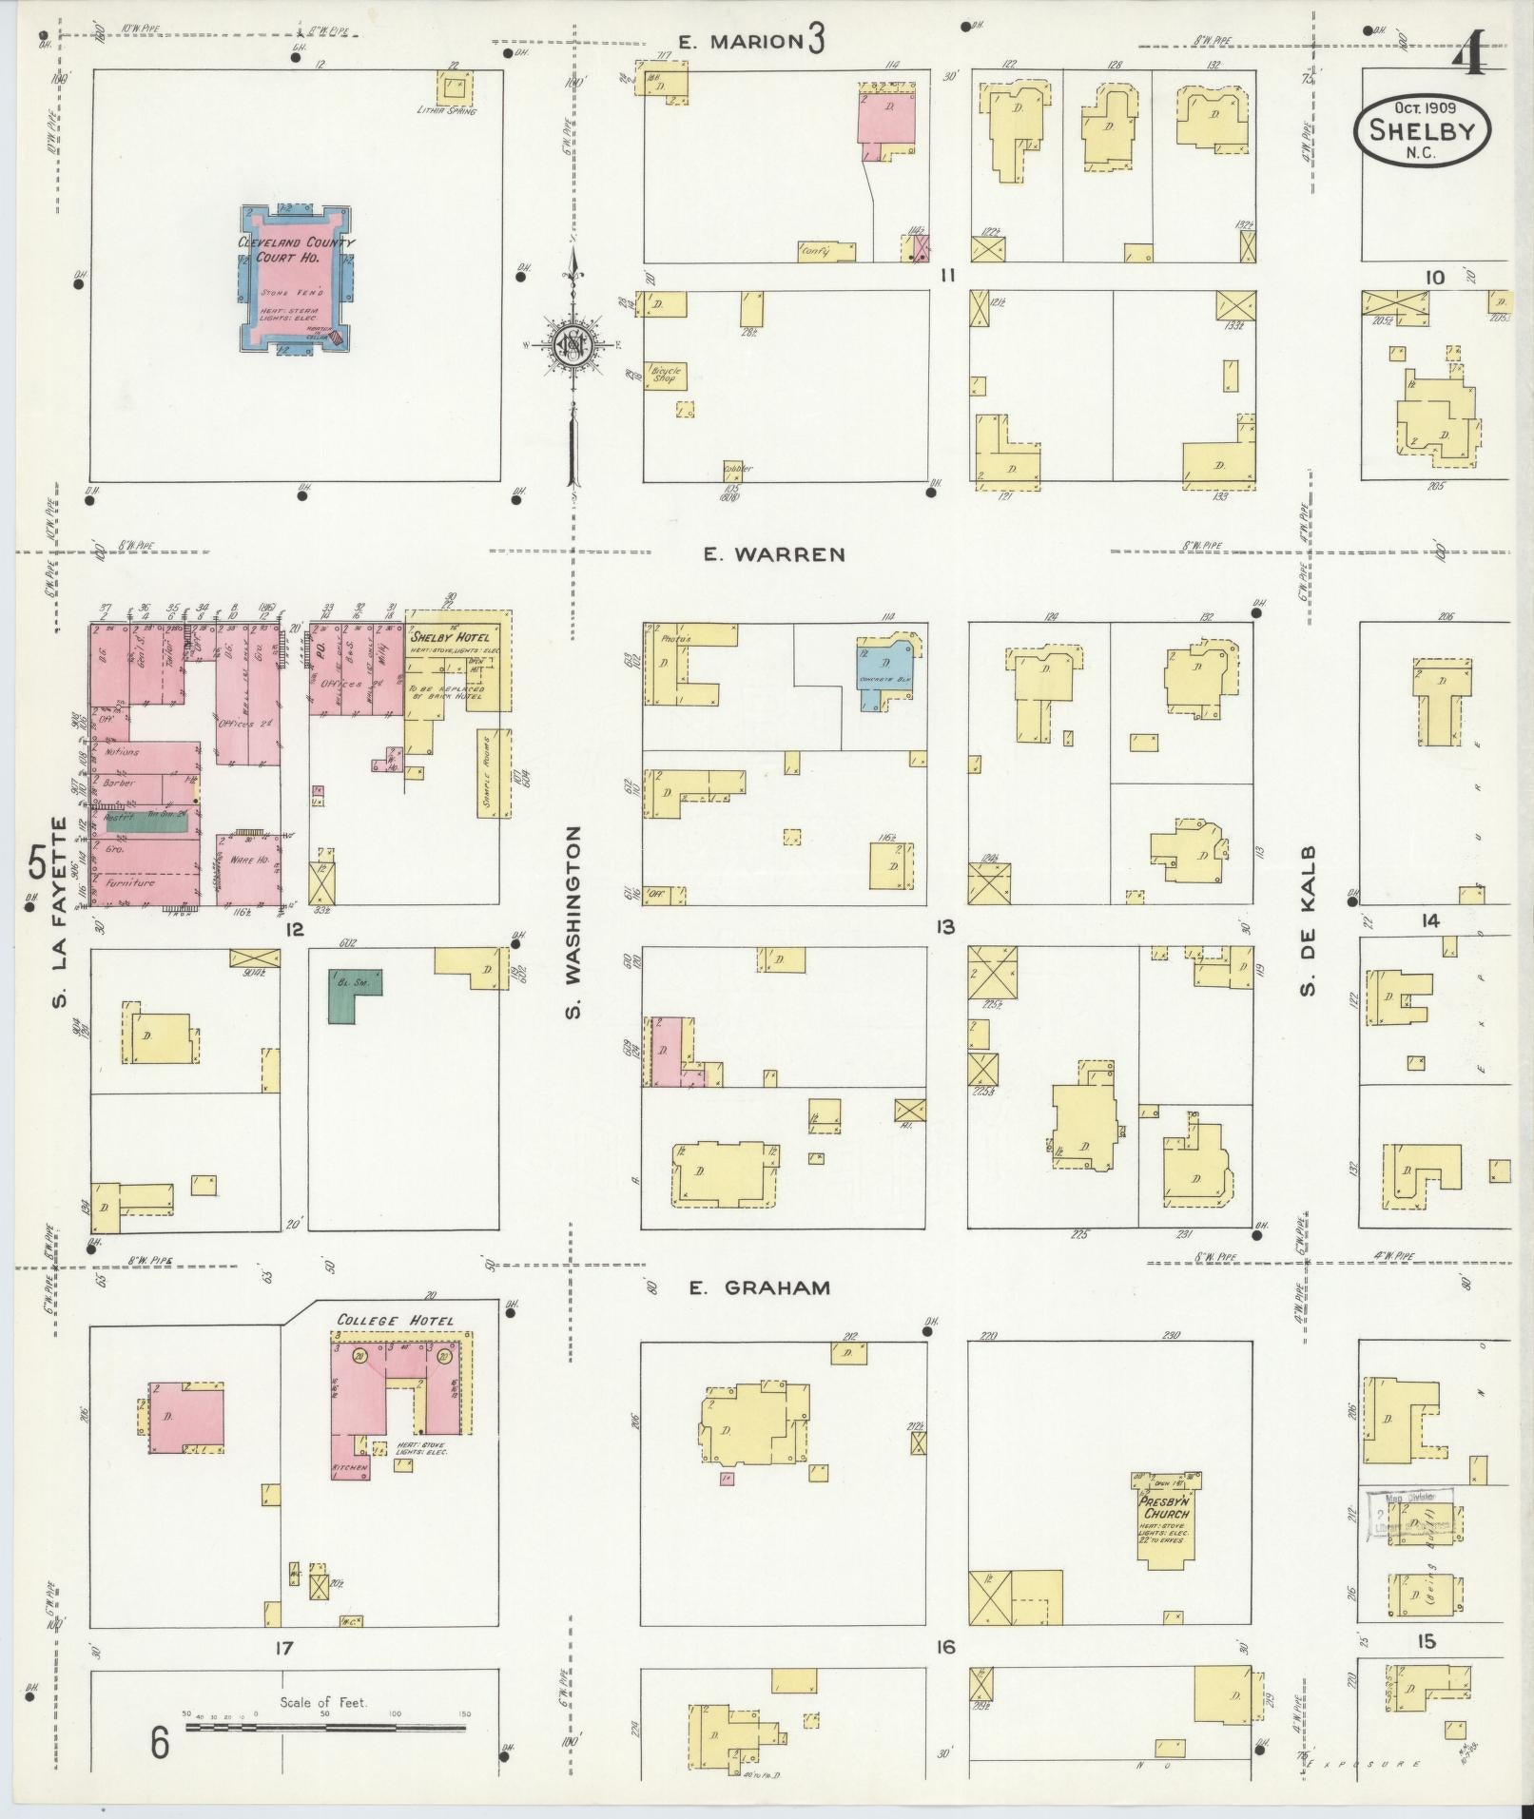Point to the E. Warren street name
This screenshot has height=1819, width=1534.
click(773, 554)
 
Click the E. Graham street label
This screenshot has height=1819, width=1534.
click(759, 1287)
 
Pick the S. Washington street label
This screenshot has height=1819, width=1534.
click(573, 922)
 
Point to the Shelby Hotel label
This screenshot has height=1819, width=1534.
click(451, 636)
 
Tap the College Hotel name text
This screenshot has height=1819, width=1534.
click(396, 1321)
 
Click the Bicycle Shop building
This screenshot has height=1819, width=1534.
click(667, 374)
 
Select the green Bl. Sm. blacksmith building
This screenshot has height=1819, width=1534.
click(354, 994)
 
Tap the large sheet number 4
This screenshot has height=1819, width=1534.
click(1469, 59)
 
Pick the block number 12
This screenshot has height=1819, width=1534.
click(294, 928)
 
